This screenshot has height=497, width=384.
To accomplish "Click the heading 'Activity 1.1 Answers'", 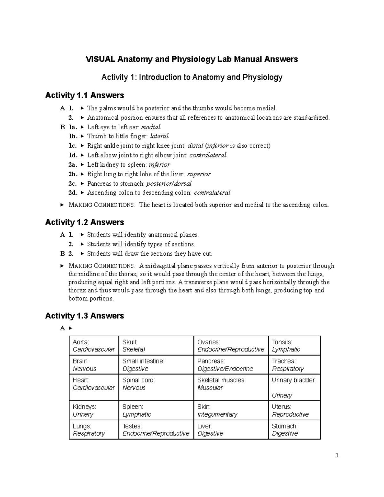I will click(84, 95).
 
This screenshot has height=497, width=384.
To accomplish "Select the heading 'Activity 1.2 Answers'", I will click(84, 222).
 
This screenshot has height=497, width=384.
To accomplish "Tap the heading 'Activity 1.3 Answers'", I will click(84, 316).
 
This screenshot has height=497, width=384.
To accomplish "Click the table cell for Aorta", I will click(94, 346).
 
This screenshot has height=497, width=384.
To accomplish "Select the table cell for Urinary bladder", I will click(294, 388).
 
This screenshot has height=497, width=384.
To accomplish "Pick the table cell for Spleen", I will click(156, 411).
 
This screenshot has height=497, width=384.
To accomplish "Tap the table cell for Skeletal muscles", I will click(231, 388).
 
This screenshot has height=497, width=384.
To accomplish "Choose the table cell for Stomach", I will click(294, 429).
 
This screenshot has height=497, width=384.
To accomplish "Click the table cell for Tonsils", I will click(294, 346).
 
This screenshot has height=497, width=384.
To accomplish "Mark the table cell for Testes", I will click(156, 429).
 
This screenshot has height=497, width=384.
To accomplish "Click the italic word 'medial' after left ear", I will click(151, 127).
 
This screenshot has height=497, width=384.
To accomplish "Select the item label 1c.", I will click(73, 146).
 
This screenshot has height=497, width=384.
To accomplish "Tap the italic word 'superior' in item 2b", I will click(199, 174).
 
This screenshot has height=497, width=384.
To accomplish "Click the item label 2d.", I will click(73, 193).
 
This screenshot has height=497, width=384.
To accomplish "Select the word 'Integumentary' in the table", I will click(217, 414).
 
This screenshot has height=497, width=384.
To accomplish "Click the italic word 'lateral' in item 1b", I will click(159, 136).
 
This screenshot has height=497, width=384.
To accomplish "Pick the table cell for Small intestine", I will click(156, 365).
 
